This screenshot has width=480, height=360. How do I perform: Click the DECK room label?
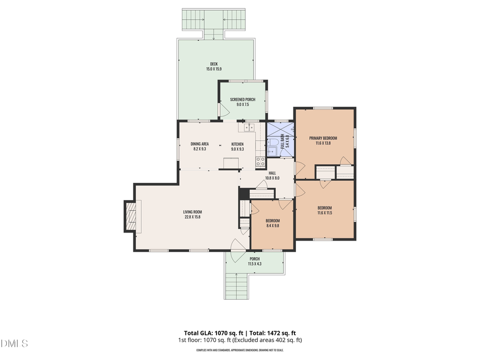[x=213, y=64]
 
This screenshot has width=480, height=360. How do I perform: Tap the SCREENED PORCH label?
[x=243, y=100]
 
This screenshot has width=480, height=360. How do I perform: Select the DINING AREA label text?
[x=199, y=144]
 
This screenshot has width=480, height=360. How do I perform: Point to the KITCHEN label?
[x=237, y=144]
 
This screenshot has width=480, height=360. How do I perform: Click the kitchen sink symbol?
[x=249, y=127]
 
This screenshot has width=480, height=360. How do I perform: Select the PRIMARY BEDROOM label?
[x=323, y=138]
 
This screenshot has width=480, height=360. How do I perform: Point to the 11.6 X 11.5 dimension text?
[x=325, y=213]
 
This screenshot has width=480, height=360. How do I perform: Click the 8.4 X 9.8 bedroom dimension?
[x=273, y=226]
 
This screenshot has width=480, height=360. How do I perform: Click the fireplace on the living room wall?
[x=131, y=216]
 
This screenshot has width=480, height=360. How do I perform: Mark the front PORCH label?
[x=254, y=259]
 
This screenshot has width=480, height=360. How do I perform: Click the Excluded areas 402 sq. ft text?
[x=272, y=340]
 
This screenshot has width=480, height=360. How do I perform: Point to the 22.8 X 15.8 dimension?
[x=192, y=217]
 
